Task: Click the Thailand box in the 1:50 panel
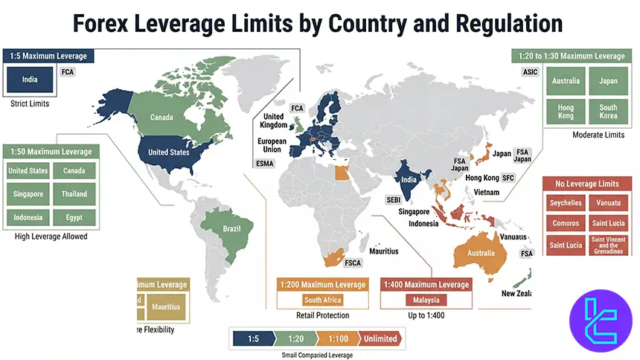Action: click(74, 193)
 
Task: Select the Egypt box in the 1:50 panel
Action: click(74, 217)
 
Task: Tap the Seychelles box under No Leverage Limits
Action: click(566, 202)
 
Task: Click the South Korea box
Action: click(608, 112)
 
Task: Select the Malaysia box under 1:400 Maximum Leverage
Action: click(427, 300)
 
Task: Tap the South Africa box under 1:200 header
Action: click(323, 300)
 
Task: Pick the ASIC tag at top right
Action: click(530, 72)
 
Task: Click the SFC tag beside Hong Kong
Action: click(508, 179)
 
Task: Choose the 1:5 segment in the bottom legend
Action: click(254, 338)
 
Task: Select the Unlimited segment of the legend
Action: click(380, 338)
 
